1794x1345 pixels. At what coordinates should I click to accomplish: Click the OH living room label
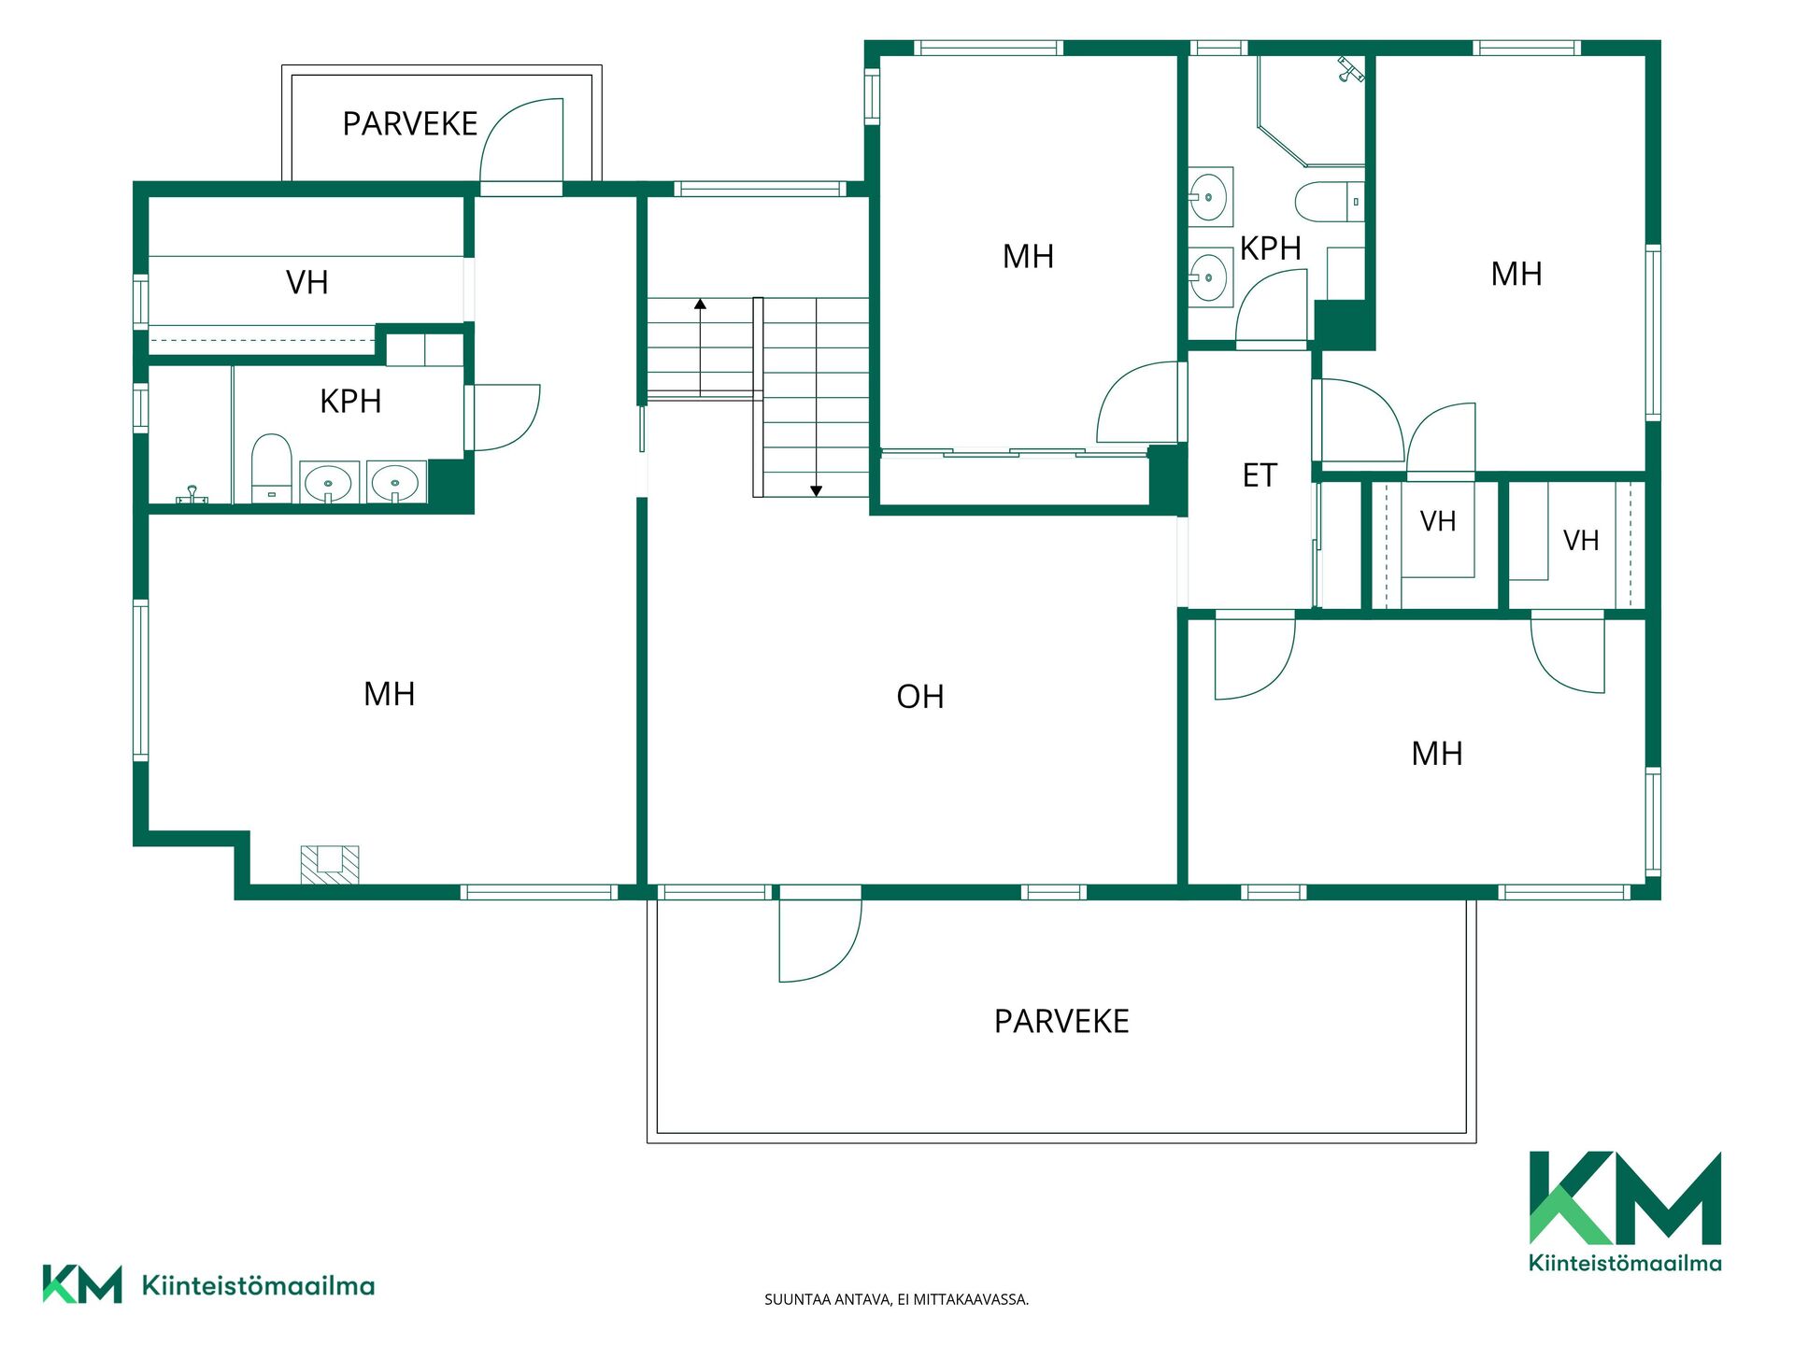pos(920,697)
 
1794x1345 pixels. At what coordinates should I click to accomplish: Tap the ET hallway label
pos(1260,476)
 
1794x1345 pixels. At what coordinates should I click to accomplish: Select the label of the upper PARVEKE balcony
pos(410,124)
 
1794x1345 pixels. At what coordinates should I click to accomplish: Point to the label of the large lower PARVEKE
pos(1061,1022)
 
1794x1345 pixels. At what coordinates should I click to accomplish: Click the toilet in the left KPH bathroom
pos(272,467)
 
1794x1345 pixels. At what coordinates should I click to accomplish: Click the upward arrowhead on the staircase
pos(700,304)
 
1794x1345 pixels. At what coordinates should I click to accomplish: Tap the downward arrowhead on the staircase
pos(816,491)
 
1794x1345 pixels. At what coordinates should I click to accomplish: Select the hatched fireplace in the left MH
pos(330,865)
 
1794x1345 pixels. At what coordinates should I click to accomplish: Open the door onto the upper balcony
pos(521,140)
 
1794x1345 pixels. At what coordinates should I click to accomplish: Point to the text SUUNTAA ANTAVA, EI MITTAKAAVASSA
pos(897,1299)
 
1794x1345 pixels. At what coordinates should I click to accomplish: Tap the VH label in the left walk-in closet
pos(307,283)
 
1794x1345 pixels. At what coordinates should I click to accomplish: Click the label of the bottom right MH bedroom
pos(1437,754)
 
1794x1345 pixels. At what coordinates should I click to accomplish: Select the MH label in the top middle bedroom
pos(1028,257)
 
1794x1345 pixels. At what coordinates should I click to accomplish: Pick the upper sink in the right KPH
pos(1210,197)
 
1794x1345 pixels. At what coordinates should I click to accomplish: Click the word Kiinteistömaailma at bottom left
pos(258,1286)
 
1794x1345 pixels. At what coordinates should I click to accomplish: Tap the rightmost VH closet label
pos(1581,541)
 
